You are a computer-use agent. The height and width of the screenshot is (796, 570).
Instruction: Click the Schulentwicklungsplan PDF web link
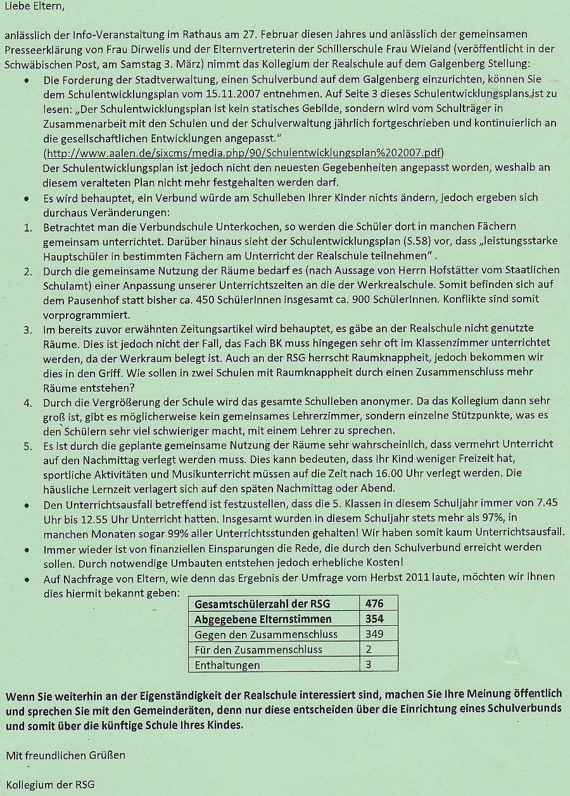(x=244, y=154)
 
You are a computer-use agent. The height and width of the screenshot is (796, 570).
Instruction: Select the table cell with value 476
(x=374, y=603)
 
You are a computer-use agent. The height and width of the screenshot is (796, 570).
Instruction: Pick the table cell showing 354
(x=374, y=618)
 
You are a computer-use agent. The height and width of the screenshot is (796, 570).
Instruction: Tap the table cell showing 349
(x=374, y=633)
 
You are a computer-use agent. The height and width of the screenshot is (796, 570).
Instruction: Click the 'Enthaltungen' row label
(x=227, y=665)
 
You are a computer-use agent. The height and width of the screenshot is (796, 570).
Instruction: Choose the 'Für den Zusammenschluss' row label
(x=258, y=649)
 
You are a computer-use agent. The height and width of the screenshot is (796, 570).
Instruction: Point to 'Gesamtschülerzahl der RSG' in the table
(x=263, y=603)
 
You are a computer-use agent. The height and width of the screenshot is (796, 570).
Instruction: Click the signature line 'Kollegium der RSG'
(x=50, y=785)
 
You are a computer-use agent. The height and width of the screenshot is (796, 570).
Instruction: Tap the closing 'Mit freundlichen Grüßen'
(x=66, y=756)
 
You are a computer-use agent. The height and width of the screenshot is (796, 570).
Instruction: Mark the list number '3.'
(x=27, y=330)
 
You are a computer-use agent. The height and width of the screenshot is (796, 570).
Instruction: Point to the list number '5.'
(x=27, y=445)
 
